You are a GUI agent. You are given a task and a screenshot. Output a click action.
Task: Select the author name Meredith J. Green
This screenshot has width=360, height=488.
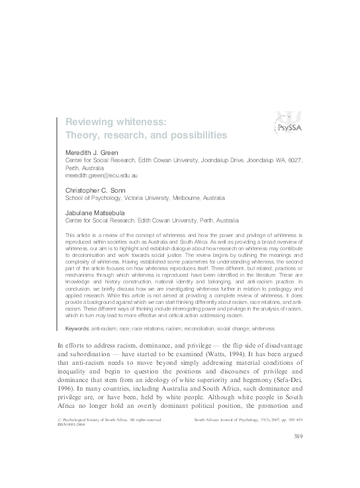point(93,153)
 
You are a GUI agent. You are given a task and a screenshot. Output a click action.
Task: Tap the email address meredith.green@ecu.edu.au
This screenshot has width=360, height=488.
point(101,177)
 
